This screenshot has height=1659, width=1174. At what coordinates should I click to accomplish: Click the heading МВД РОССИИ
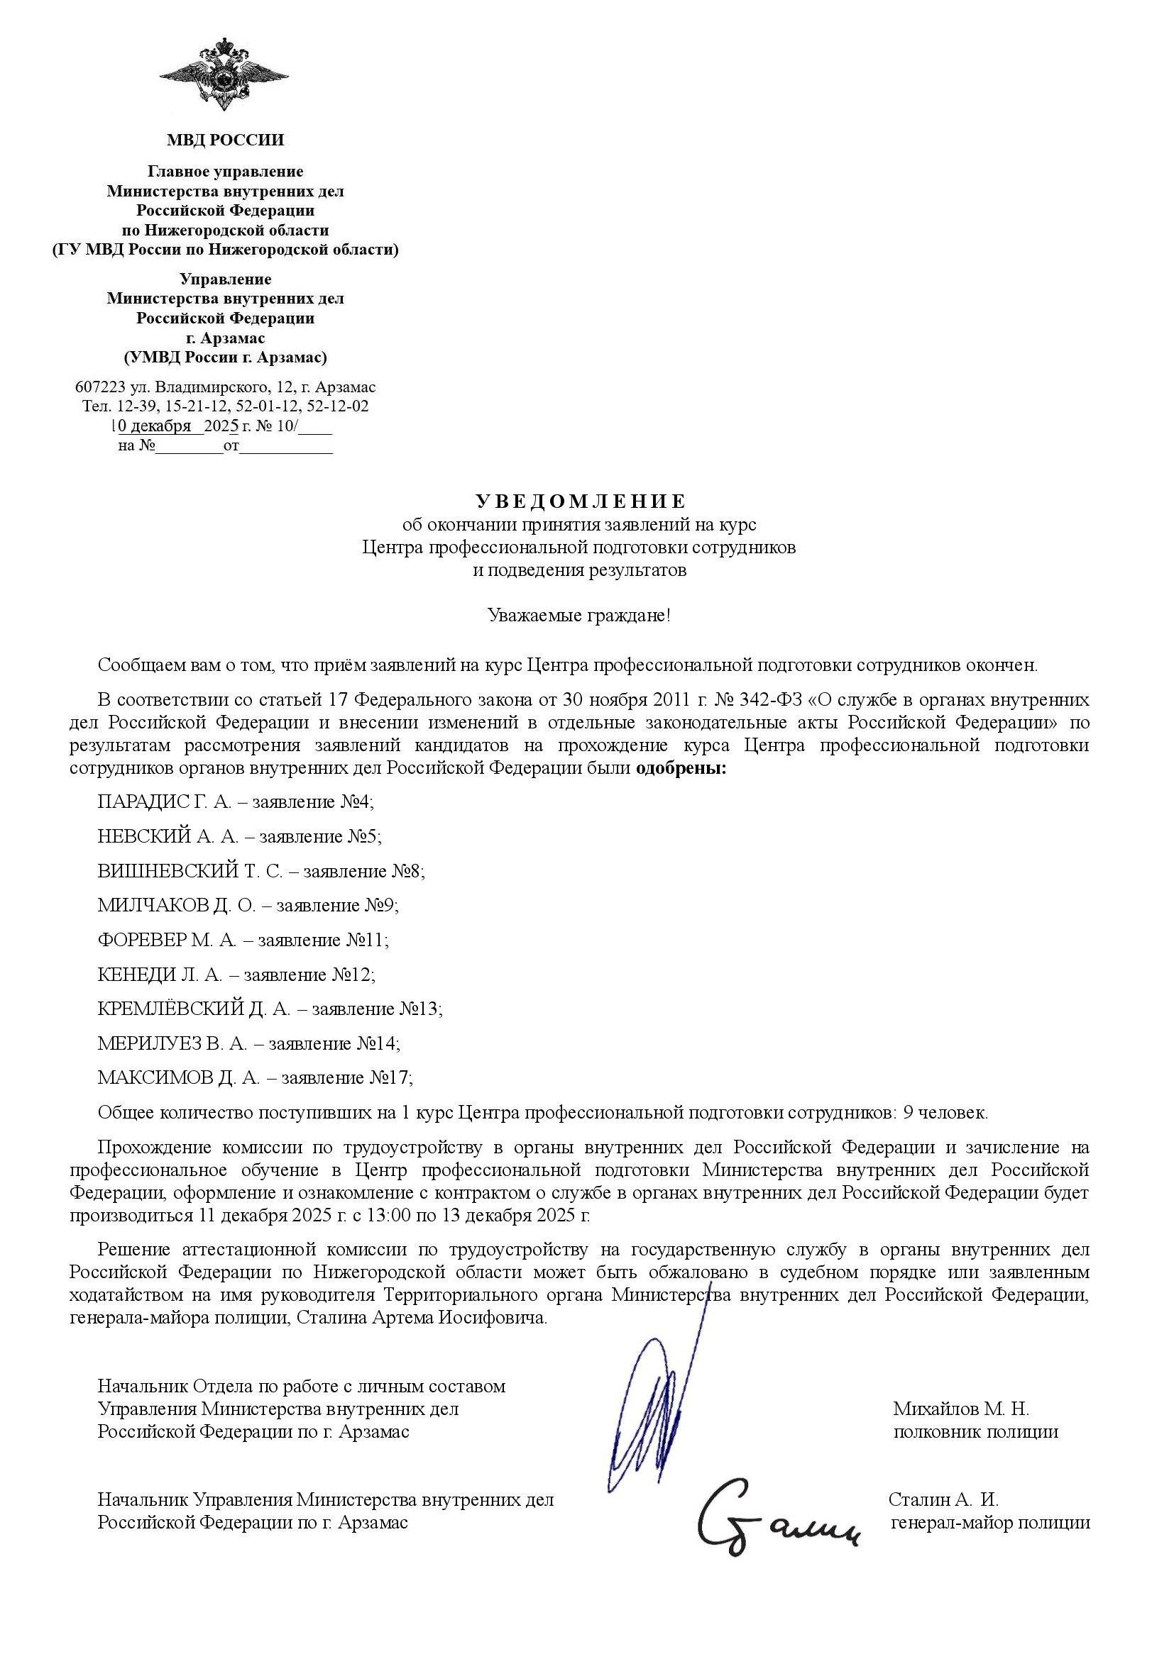tap(225, 140)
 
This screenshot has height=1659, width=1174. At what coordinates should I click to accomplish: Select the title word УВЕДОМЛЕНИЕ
tap(581, 501)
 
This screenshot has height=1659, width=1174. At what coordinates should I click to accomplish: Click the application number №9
tap(383, 905)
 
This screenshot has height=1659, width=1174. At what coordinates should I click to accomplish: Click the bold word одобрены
tap(680, 767)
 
